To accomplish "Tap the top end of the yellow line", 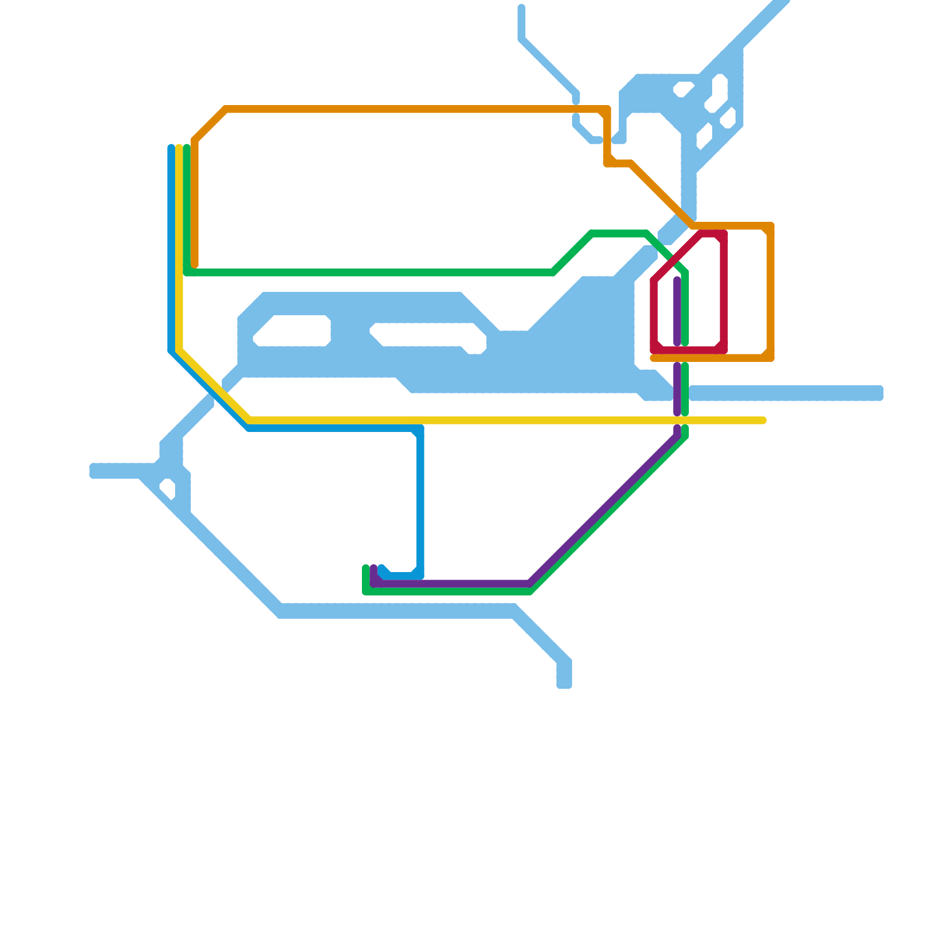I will click(x=179, y=148).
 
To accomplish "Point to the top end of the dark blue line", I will click(x=171, y=148).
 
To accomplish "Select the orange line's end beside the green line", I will click(x=194, y=265).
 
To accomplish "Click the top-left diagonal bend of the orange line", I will click(x=210, y=125).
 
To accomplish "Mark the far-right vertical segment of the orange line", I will click(x=771, y=292).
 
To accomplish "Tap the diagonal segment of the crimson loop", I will click(x=677, y=257).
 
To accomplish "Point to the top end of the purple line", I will click(x=677, y=280).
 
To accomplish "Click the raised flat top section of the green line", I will click(x=619, y=234).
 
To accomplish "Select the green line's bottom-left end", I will click(x=366, y=568).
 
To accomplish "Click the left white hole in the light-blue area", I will click(x=292, y=330).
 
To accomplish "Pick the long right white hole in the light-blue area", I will click(x=429, y=337).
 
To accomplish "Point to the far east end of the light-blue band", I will click(x=880, y=393).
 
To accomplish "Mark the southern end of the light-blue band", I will click(x=564, y=685).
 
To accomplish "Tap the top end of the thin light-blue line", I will click(x=521, y=8).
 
